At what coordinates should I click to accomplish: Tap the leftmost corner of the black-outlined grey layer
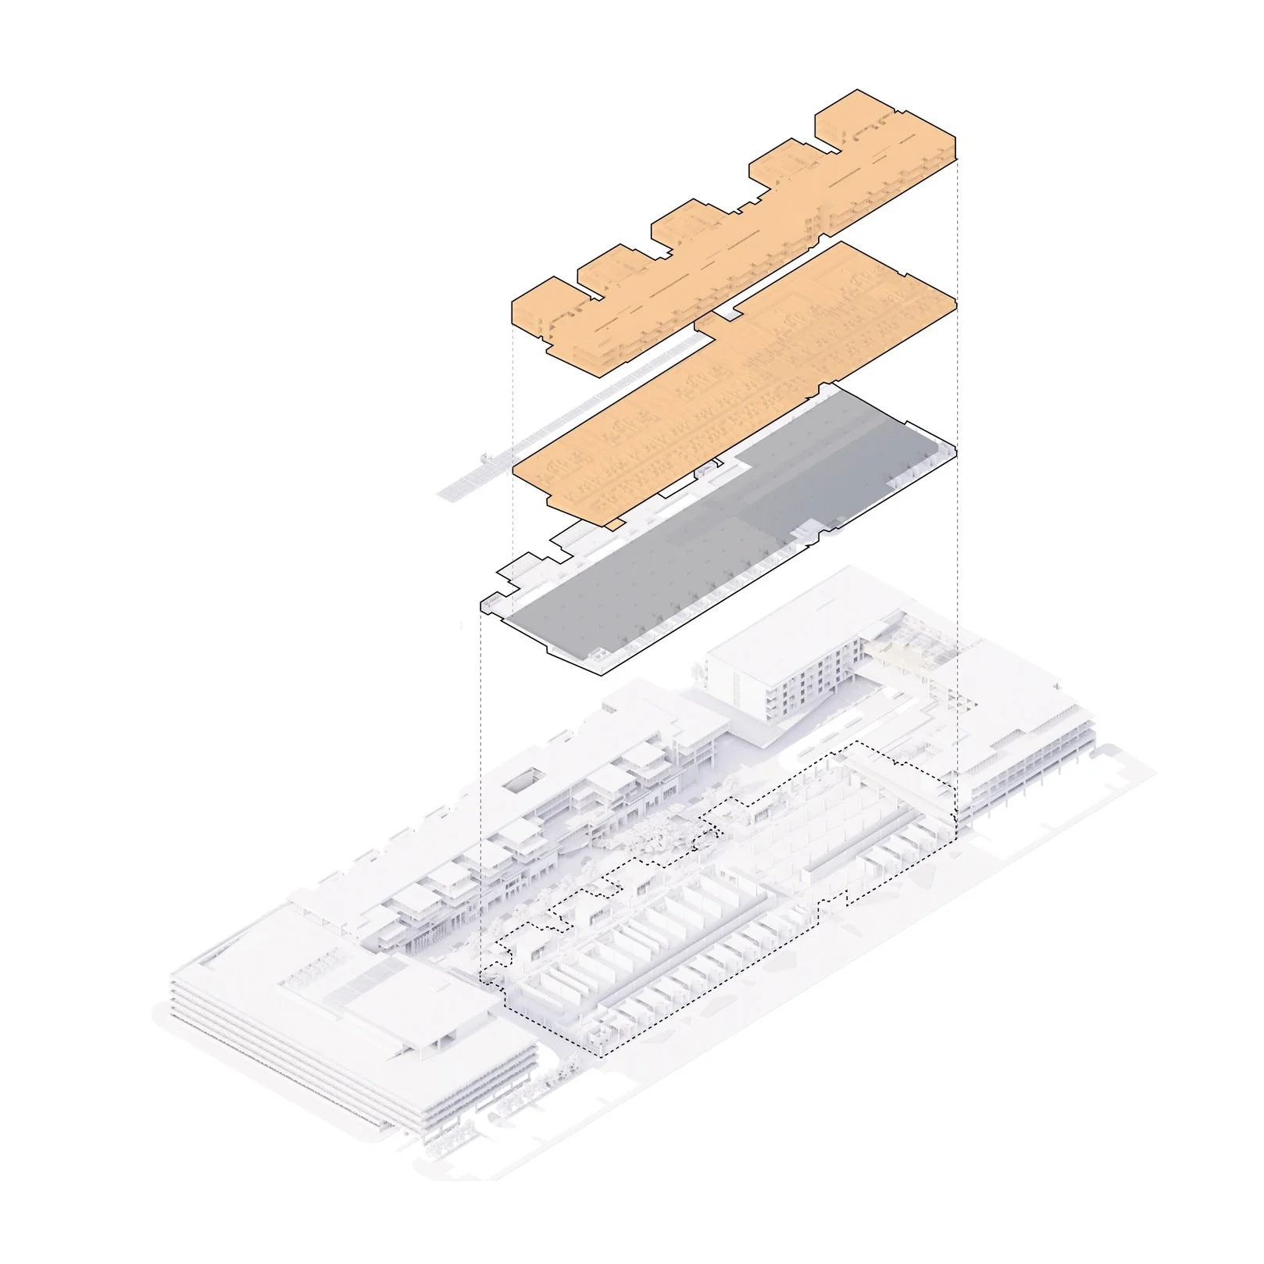point(481,602)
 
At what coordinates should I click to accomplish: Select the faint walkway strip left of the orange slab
point(500,453)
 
